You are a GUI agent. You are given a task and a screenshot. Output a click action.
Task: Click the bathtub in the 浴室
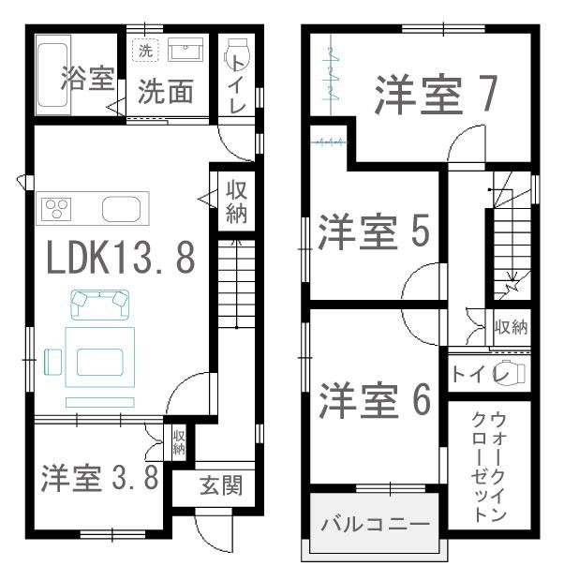tap(52, 74)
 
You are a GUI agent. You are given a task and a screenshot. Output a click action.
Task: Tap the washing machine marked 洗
tap(145, 50)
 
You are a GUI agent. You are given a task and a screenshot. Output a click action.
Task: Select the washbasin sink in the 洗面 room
tap(186, 49)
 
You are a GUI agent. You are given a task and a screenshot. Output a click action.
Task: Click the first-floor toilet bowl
tap(237, 55)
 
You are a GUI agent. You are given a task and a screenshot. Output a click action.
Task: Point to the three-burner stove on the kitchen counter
tap(56, 209)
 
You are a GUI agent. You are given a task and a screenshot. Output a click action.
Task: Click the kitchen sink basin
tap(121, 209)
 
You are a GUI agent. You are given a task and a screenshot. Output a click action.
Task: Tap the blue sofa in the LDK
tap(99, 305)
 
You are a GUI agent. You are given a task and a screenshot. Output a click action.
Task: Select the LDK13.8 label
tap(121, 258)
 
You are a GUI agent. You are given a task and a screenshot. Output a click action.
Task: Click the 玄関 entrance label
tap(221, 485)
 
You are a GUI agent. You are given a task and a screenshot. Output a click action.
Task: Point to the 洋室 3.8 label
tap(100, 478)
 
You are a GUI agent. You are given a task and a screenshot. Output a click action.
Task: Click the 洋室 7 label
tap(436, 94)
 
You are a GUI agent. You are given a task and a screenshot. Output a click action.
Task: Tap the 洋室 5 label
tap(374, 231)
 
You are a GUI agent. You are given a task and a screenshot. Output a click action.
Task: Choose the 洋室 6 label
tap(375, 400)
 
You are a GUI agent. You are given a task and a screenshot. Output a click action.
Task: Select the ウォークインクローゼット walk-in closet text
tap(489, 468)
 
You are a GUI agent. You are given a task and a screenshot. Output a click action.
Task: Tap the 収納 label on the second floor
tap(511, 327)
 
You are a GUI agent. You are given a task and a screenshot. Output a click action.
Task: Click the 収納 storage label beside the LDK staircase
tap(236, 201)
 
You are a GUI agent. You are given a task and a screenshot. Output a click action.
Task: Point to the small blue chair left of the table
tap(52, 362)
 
